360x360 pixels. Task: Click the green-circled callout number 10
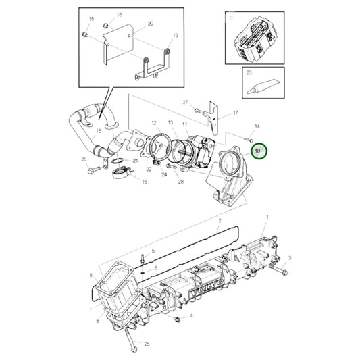click(x=257, y=150)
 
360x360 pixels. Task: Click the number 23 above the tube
click(x=249, y=72)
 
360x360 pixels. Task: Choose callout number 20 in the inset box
click(x=150, y=24)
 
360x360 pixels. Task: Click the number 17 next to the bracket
click(x=235, y=113)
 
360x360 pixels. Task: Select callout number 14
click(x=257, y=126)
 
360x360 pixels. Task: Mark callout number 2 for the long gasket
click(x=219, y=221)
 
